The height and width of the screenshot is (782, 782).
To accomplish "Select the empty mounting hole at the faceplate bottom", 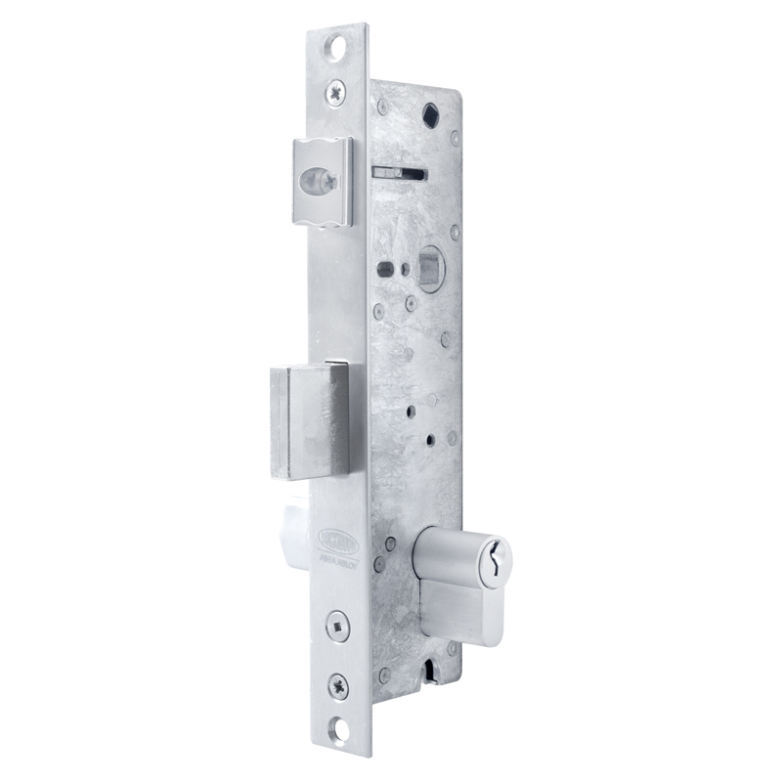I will tap(338, 728).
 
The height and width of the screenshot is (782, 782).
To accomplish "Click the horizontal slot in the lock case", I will tap(399, 173).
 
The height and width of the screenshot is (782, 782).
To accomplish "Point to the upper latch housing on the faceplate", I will tap(322, 182).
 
